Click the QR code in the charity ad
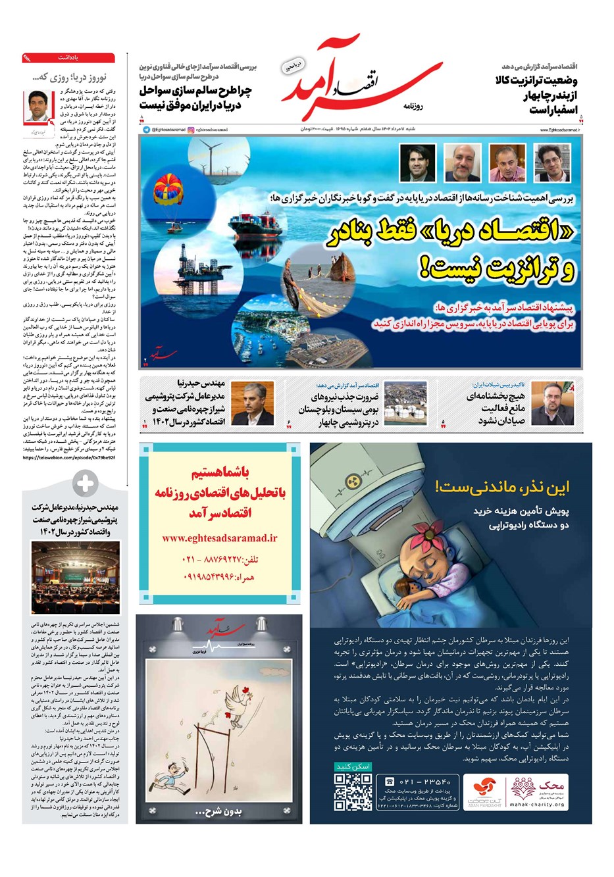click(353, 791)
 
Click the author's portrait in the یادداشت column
click(39, 106)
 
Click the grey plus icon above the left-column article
click(85, 484)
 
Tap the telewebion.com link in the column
click(69, 457)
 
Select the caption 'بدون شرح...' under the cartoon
click(219, 812)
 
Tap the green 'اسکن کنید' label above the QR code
click(353, 766)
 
